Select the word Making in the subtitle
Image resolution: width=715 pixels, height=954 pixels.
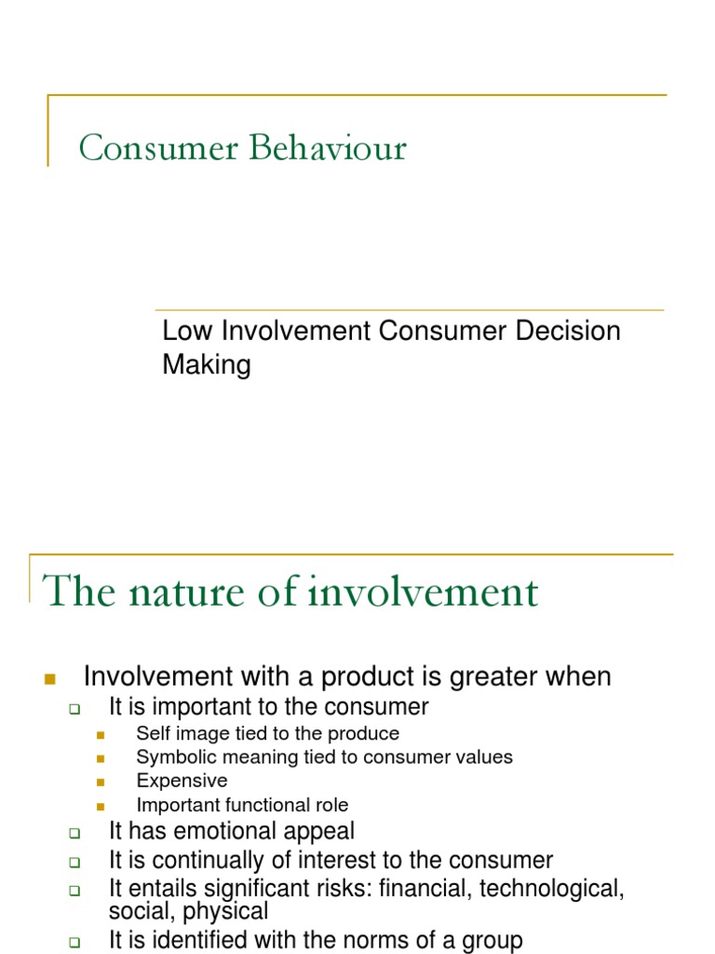pyautogui.click(x=207, y=364)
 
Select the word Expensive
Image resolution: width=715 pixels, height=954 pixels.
pyautogui.click(x=182, y=781)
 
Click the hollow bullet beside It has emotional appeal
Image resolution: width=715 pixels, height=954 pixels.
pyautogui.click(x=75, y=832)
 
